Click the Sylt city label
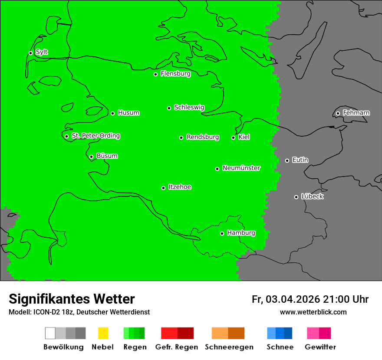[x=42, y=52]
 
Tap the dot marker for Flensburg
[x=155, y=74]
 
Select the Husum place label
[x=128, y=113]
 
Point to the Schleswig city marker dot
[x=169, y=108]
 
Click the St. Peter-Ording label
[x=96, y=136]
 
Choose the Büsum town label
[x=107, y=156]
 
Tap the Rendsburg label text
[x=203, y=137]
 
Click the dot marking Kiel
[x=233, y=137]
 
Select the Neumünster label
[x=241, y=168]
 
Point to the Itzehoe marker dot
[x=163, y=188]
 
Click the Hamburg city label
[x=241, y=233]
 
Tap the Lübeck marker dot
[x=296, y=197]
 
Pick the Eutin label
[x=300, y=160]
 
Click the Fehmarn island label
[x=356, y=113]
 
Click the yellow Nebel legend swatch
[x=103, y=333]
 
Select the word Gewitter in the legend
[x=320, y=347]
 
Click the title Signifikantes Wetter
[x=72, y=299]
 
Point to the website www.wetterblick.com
[x=313, y=312]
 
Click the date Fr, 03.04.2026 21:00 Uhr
[x=310, y=299]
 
